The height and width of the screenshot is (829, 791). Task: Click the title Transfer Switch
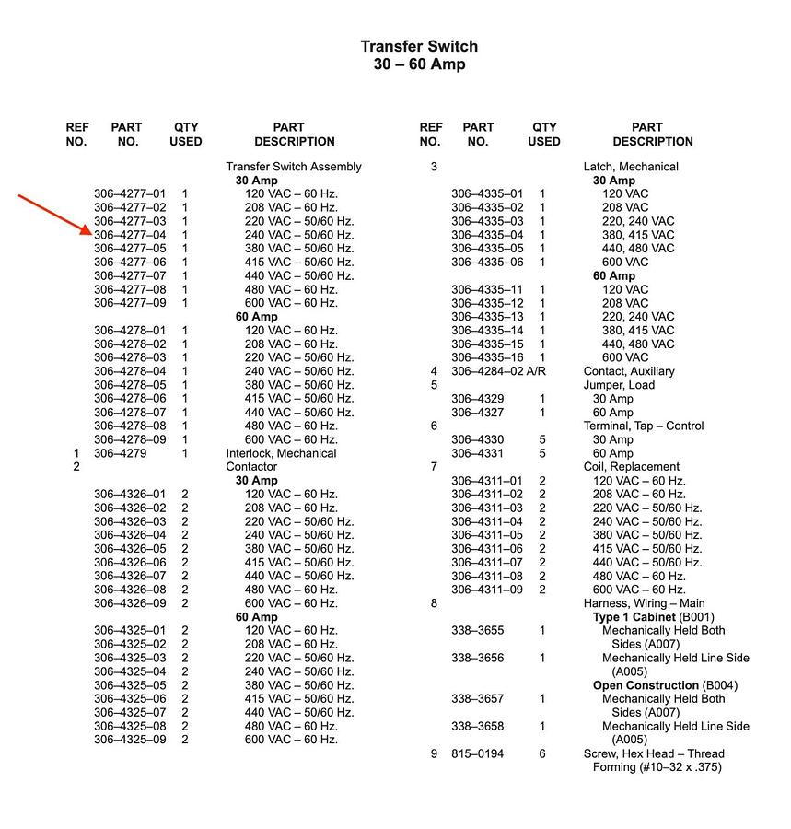click(x=419, y=47)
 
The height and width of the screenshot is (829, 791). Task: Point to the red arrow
click(x=55, y=215)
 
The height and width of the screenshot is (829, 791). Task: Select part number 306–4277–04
click(x=130, y=235)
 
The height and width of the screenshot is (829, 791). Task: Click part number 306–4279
click(x=120, y=453)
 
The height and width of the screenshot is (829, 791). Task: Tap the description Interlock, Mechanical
click(x=281, y=453)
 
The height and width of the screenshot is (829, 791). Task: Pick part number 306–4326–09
click(x=130, y=603)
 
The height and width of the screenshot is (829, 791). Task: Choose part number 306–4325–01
click(x=130, y=631)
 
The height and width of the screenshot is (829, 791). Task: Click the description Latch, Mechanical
click(x=631, y=167)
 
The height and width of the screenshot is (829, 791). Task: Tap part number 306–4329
click(x=477, y=399)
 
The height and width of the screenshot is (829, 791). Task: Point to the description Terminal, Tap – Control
click(x=644, y=426)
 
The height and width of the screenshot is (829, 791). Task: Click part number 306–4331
click(x=477, y=453)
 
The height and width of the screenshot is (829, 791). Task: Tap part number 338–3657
click(x=477, y=699)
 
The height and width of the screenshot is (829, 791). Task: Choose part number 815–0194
click(x=477, y=753)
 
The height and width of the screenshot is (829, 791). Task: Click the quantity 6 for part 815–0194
click(x=542, y=753)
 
